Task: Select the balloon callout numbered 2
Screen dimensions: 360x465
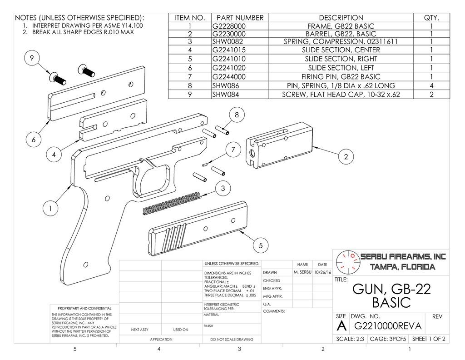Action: (346, 157)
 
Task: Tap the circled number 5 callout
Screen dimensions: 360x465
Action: (261, 246)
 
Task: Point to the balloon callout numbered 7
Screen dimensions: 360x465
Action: (233, 150)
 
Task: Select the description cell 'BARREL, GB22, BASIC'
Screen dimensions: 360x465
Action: (341, 34)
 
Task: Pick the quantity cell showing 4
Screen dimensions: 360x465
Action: (431, 85)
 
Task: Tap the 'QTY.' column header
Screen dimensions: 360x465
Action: (431, 18)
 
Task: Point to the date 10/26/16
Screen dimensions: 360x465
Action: (322, 272)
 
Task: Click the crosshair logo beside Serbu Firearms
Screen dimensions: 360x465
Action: (346, 261)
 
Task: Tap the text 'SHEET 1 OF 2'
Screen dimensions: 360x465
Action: (428, 339)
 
